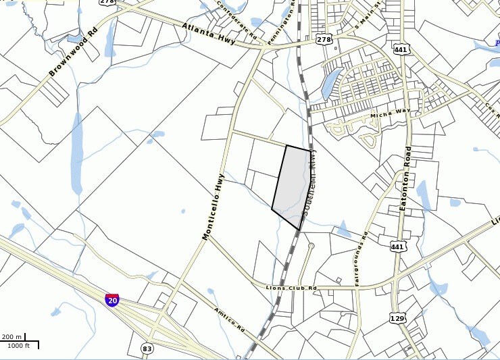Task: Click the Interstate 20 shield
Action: click(x=112, y=300)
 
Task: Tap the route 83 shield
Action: click(x=147, y=349)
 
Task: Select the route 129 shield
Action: click(x=397, y=317)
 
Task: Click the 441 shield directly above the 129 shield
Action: click(x=397, y=247)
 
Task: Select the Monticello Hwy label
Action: click(x=213, y=207)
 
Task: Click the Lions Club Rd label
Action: click(x=291, y=288)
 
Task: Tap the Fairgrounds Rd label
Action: click(x=359, y=259)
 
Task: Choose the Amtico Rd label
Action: click(x=229, y=319)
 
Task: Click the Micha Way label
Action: click(x=390, y=115)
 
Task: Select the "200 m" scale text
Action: click(x=12, y=336)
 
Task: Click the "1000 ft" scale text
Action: click(x=18, y=346)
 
